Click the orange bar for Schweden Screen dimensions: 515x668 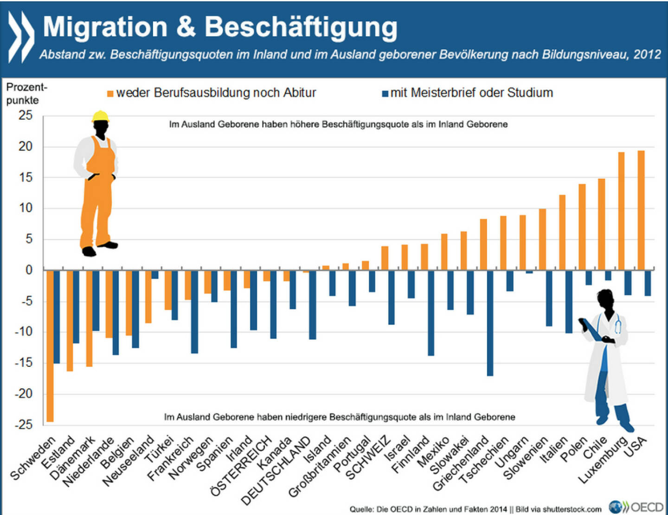50,346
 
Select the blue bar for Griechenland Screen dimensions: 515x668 490,323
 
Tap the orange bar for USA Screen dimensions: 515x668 641,210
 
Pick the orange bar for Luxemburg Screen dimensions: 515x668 622,211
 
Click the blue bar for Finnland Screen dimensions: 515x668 431,313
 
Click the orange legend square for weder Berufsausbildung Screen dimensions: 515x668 110,94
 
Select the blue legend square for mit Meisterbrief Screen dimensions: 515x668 385,94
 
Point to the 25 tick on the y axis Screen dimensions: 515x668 26,116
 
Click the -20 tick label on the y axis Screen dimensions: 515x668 23,394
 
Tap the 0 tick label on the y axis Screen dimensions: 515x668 29,270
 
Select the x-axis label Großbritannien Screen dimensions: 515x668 320,467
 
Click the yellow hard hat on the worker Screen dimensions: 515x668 100,116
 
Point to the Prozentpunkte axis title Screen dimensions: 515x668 26,94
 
